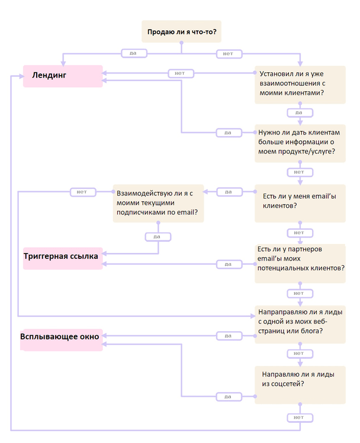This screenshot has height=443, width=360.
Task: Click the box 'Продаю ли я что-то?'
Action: coord(181,31)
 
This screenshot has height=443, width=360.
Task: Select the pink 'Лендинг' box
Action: coord(63,76)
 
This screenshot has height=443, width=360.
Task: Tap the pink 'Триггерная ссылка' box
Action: coord(63,258)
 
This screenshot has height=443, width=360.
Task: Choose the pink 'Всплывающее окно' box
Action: coord(61,340)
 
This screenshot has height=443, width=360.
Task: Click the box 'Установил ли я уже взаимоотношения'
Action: coord(300,85)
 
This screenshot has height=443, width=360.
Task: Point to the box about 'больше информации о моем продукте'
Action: coord(300,143)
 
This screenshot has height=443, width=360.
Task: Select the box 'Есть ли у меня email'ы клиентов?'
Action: coord(300,203)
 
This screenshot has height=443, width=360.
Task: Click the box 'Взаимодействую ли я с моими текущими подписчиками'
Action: coord(158,203)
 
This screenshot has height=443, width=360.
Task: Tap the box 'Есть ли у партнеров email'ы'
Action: coord(300,264)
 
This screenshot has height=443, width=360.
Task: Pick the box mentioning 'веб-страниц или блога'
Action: coord(300,325)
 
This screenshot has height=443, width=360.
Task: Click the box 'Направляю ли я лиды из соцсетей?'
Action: coord(300,385)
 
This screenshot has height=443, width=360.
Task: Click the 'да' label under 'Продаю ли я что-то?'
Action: coord(134,53)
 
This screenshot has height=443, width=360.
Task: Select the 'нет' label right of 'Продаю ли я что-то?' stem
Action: coord(229,54)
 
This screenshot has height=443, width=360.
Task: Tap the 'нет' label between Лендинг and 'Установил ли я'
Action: coord(181,73)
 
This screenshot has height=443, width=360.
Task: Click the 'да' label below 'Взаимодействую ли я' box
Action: coord(158,237)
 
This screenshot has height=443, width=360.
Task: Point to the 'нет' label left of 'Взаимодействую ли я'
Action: coord(83,192)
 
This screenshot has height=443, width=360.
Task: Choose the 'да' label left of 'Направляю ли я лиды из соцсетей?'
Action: coord(229,397)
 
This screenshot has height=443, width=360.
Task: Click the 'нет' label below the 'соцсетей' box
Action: coord(300,418)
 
